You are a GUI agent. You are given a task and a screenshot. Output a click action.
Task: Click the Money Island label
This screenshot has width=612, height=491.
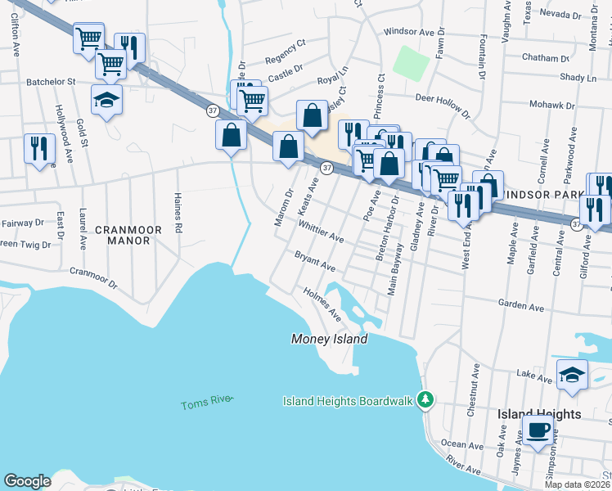coord(330,339)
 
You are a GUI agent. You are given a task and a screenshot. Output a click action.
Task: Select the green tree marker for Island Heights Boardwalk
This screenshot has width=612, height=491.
coord(424,400)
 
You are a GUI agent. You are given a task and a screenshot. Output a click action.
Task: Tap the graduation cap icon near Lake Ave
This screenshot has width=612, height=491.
coord(572,375)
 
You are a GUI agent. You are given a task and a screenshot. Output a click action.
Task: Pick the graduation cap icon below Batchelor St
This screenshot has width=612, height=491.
coord(106,100)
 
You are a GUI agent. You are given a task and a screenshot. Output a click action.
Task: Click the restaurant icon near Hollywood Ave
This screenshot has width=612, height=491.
coord(39,148)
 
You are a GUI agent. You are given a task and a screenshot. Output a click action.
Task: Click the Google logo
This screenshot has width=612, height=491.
coord(27,480)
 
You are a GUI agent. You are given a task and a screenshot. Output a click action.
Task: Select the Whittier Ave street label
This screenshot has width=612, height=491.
coord(321,232)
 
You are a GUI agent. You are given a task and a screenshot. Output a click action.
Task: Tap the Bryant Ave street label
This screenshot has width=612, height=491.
coord(316,262)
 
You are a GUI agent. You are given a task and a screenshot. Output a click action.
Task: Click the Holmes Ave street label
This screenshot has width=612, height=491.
coord(322,301)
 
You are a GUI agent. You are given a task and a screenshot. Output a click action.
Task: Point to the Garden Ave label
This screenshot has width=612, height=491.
coord(521,304)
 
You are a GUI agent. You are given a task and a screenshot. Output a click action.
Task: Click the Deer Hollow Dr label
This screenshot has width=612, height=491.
coord(443,106)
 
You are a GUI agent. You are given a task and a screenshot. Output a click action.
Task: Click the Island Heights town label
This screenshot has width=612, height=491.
coord(539,414)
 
